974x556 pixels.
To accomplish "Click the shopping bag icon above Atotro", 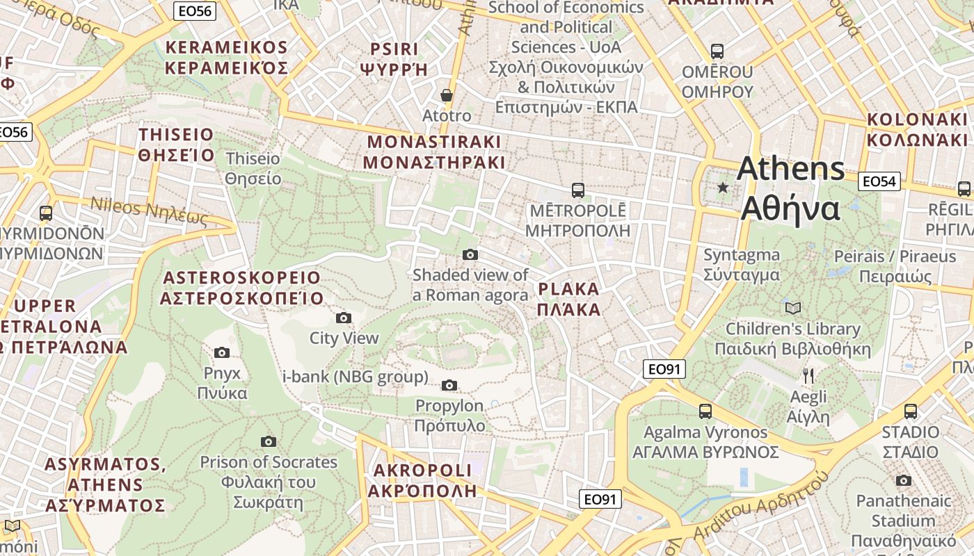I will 446,95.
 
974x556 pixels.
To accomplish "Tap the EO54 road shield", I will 879,181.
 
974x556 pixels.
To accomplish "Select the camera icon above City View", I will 343,318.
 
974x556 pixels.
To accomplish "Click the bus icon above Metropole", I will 577,190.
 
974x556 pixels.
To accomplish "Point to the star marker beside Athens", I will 723,188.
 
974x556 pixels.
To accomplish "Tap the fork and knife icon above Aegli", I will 808,376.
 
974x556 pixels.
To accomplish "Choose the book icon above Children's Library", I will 792,308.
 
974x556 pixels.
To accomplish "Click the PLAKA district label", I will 568,299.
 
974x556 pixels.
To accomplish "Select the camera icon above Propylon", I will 449,385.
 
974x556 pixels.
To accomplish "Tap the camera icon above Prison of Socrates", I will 268,441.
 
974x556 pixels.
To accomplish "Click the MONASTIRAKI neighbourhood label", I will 433,152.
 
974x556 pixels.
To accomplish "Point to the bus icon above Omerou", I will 717,51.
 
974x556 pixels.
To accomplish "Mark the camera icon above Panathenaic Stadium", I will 903,480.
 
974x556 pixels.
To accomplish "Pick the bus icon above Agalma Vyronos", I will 705,411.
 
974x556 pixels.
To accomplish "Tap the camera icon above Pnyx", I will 222,352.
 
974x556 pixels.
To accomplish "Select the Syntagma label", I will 741,265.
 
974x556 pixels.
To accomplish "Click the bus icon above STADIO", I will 910,411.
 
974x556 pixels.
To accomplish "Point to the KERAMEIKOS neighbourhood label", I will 226,58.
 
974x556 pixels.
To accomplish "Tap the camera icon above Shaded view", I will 470,254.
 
